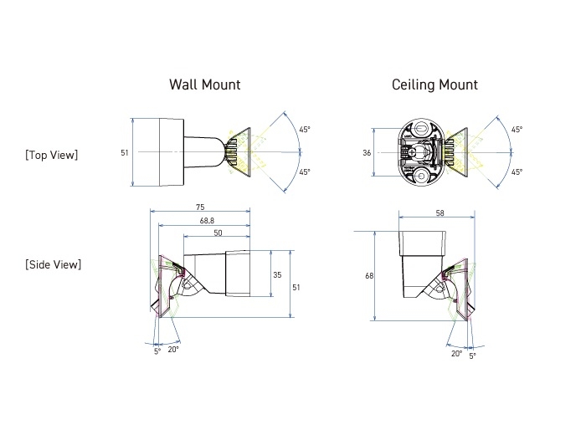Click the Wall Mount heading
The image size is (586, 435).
[204, 84]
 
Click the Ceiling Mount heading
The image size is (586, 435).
[434, 84]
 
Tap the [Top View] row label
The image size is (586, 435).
[52, 154]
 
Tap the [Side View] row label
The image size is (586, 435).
[53, 264]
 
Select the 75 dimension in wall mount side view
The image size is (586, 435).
[200, 207]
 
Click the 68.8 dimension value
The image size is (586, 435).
[205, 220]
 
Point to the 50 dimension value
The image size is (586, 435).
[217, 233]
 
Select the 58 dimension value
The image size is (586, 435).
[439, 215]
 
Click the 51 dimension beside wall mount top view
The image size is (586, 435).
[125, 153]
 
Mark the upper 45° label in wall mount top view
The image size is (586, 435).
[305, 130]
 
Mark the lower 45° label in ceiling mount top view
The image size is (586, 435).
[517, 172]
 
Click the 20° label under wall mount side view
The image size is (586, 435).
[172, 349]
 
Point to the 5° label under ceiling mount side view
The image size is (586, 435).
[472, 356]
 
